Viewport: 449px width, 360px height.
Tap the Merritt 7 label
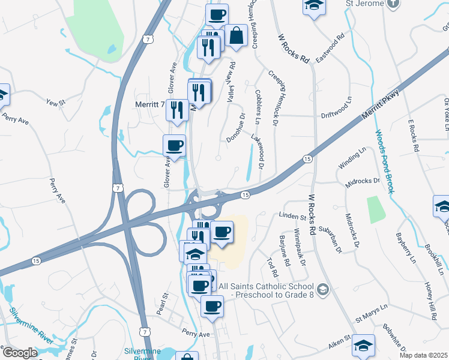point(146,104)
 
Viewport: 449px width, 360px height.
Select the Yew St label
point(55,103)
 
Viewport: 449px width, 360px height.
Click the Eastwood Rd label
point(332,45)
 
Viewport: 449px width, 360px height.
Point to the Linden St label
point(293,215)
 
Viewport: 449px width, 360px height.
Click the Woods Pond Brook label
point(384,161)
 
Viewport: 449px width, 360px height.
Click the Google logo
point(19,353)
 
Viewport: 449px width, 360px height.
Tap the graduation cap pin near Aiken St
point(363,346)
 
